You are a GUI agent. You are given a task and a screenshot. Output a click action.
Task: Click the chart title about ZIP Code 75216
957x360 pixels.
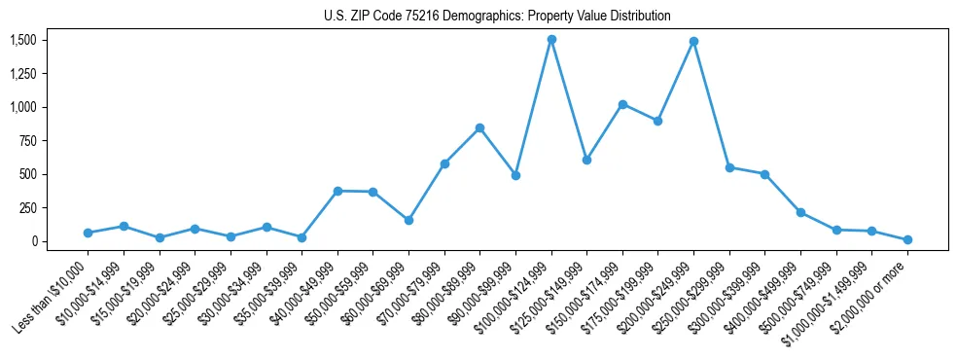click(497, 16)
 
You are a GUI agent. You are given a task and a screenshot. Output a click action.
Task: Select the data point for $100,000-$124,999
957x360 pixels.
click(551, 40)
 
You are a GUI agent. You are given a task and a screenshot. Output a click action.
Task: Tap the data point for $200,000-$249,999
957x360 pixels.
click(693, 42)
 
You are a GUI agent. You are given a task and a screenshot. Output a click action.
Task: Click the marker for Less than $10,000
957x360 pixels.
click(88, 233)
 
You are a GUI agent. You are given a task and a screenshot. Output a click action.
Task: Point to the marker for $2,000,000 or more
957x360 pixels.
click(907, 239)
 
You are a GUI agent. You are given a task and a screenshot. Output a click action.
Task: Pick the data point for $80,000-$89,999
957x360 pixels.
click(479, 128)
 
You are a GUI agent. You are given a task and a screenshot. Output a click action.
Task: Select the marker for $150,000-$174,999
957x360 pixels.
click(622, 104)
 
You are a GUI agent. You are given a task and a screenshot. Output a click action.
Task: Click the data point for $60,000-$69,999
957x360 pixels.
click(408, 220)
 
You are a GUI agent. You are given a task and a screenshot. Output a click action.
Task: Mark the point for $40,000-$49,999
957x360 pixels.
click(337, 191)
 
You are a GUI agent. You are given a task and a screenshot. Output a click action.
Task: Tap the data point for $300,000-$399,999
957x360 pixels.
click(765, 174)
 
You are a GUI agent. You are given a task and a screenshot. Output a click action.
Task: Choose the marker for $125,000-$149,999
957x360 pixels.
click(586, 160)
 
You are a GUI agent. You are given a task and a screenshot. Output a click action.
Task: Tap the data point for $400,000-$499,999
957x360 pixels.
click(800, 212)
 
